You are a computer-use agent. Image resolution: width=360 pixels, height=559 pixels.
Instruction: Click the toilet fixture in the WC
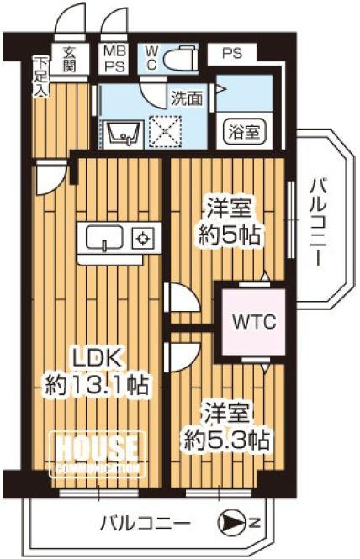coord(180,57)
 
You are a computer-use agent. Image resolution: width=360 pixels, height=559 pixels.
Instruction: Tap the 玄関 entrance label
coord(69,60)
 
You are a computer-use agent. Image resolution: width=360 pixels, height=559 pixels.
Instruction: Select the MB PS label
coord(115,59)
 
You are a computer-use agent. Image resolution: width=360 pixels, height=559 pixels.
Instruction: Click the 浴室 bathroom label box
coord(245,132)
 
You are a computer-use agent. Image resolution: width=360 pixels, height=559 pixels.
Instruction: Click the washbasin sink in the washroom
coord(123,134)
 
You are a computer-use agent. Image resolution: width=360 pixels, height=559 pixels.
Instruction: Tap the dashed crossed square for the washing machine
coord(165,132)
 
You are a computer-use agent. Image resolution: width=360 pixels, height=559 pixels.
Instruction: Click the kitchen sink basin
coord(104,237)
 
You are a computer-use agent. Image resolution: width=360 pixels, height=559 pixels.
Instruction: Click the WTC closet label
coord(254,322)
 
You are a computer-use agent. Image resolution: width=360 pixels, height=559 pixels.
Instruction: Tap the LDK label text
coord(97,358)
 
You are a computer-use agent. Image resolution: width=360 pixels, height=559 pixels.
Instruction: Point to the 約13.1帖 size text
coord(97,384)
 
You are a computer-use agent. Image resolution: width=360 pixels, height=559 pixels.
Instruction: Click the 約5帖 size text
coord(229,235)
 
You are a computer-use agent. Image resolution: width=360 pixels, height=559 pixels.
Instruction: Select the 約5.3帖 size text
coord(226,440)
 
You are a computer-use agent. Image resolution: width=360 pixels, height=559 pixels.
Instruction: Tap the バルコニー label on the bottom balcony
coord(146,524)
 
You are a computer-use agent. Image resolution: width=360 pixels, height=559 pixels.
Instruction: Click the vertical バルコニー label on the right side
coord(317,224)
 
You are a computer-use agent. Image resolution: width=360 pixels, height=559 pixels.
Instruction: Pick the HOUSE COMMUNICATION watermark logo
coord(98,455)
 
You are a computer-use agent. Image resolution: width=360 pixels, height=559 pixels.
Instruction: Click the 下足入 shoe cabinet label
coord(41,76)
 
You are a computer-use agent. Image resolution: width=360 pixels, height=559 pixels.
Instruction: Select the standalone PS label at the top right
coord(232,54)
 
